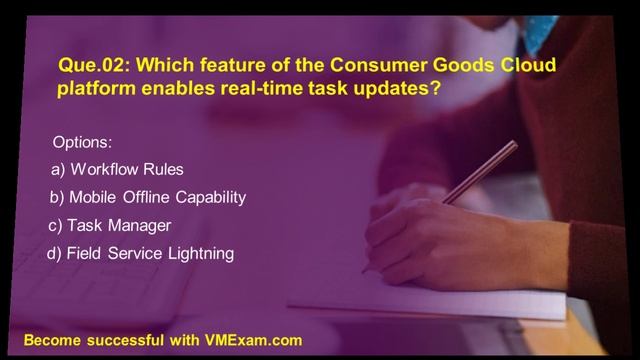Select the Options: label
[x=89, y=142]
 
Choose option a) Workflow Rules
[x=117, y=169]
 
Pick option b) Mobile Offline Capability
[x=147, y=197]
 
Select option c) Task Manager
[x=110, y=225]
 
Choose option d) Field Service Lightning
[x=141, y=254]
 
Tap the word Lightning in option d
[x=202, y=254]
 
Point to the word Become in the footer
[x=53, y=340]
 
